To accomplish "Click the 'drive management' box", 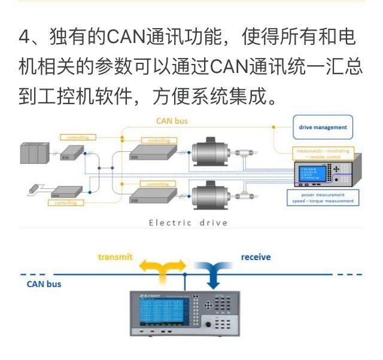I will click(323, 127).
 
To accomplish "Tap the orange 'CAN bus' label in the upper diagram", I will click(172, 121).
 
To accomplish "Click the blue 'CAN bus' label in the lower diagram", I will click(44, 283).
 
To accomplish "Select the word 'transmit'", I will click(115, 257).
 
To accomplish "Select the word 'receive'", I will click(256, 257).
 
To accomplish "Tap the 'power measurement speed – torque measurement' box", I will click(323, 197).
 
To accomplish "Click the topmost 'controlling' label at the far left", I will click(78, 138).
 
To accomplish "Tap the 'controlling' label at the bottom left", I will click(65, 203).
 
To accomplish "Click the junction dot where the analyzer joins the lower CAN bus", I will click(185, 276).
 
